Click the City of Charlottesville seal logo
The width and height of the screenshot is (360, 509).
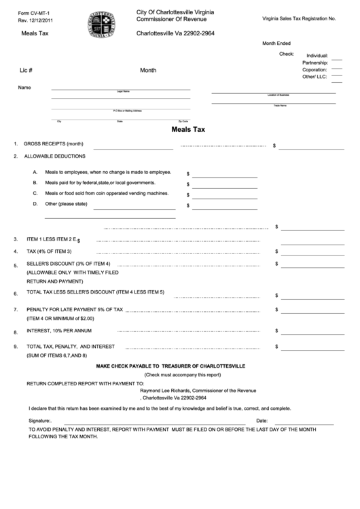[x=101, y=25]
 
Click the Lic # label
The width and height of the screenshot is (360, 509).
[x=26, y=70]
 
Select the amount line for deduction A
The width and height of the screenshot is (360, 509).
[x=225, y=176]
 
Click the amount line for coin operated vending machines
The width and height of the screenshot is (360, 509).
[x=225, y=197]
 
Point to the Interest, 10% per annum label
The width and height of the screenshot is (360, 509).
[x=59, y=331]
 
